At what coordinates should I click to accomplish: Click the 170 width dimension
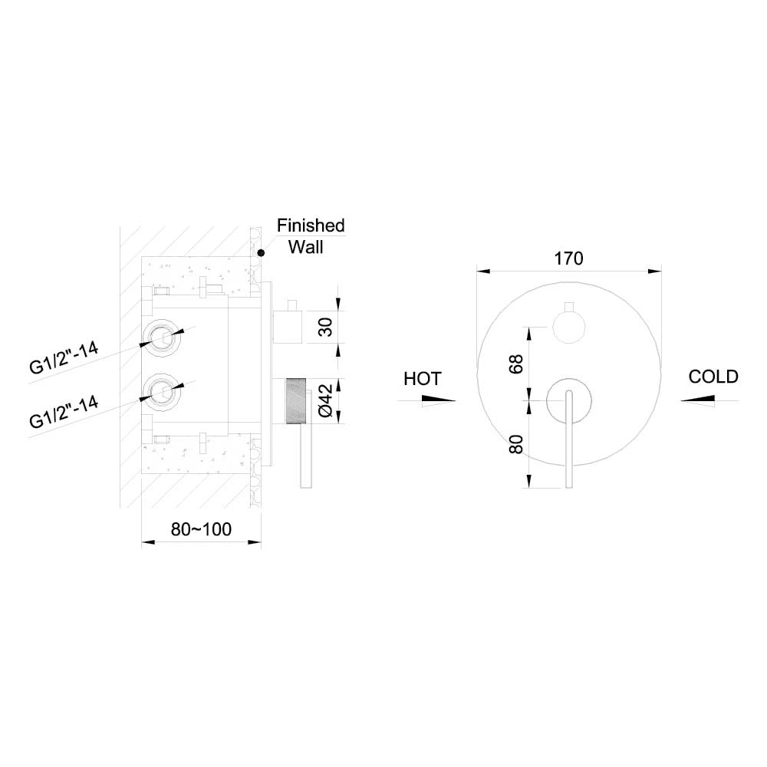pyautogui.click(x=568, y=258)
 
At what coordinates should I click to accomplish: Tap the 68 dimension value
pyautogui.click(x=516, y=364)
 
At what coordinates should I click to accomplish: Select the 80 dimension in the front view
pyautogui.click(x=516, y=444)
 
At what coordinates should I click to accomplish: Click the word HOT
pyautogui.click(x=423, y=379)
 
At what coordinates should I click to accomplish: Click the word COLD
pyautogui.click(x=713, y=377)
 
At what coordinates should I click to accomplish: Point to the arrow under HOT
pyautogui.click(x=438, y=400)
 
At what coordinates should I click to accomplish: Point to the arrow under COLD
pyautogui.click(x=697, y=400)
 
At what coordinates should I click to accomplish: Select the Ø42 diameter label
pyautogui.click(x=325, y=400)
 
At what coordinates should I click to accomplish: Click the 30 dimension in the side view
pyautogui.click(x=325, y=327)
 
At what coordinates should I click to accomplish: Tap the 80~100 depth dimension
pyautogui.click(x=201, y=529)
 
